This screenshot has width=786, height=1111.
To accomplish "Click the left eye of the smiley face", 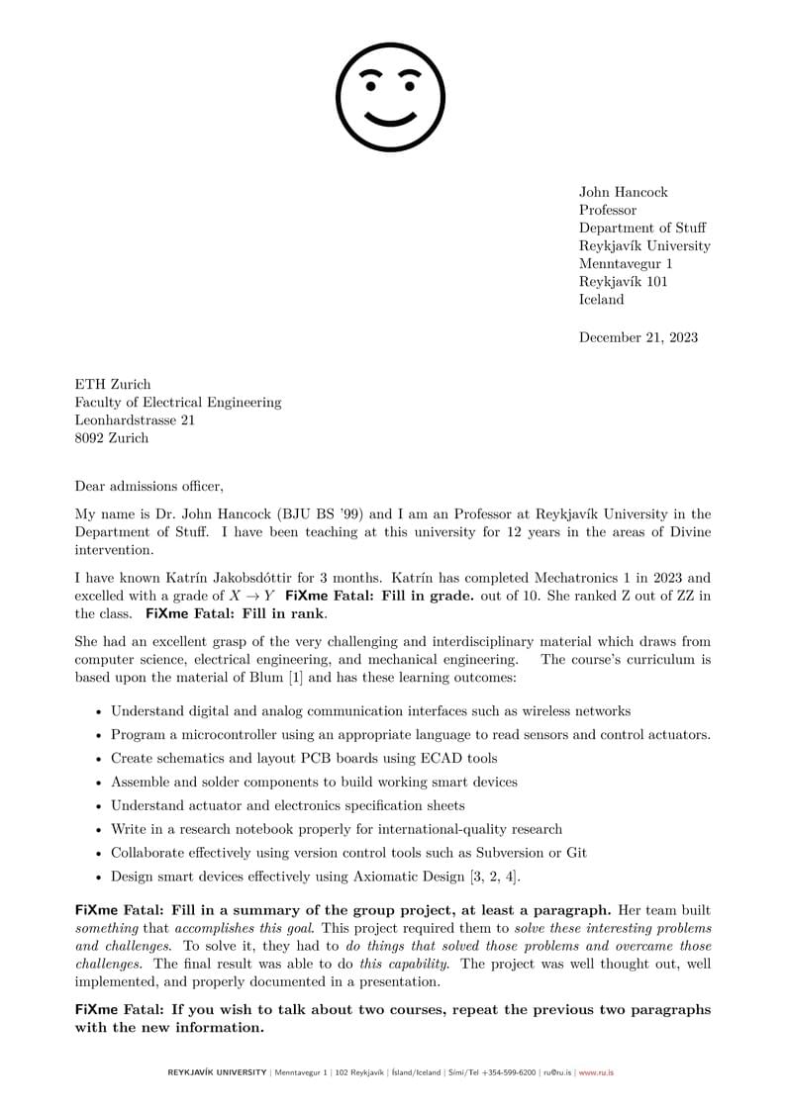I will pyautogui.click(x=371, y=86).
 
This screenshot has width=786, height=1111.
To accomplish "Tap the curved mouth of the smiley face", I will pyautogui.click(x=391, y=119).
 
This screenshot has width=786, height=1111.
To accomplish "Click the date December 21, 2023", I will pyautogui.click(x=638, y=337).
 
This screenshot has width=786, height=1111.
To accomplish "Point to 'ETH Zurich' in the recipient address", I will pyautogui.click(x=113, y=385).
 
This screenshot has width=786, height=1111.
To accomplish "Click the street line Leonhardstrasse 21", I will pyautogui.click(x=135, y=420).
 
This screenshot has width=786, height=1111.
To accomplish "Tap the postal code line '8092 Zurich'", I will pyautogui.click(x=112, y=438).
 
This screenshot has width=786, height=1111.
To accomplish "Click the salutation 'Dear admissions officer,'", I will pyautogui.click(x=149, y=486).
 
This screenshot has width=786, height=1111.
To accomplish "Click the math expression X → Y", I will pyautogui.click(x=252, y=596).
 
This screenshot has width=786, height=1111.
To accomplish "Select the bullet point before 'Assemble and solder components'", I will pyautogui.click(x=98, y=783).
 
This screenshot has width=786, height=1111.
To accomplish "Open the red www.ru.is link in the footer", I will pyautogui.click(x=596, y=1072).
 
